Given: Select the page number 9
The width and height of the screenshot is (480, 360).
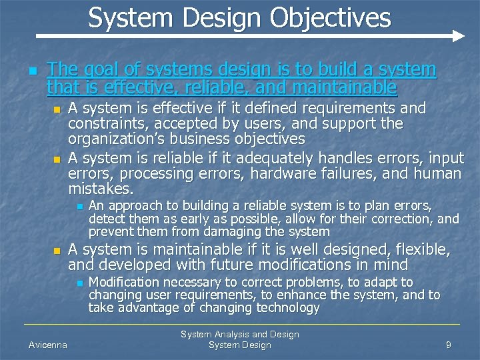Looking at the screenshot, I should (x=449, y=345).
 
